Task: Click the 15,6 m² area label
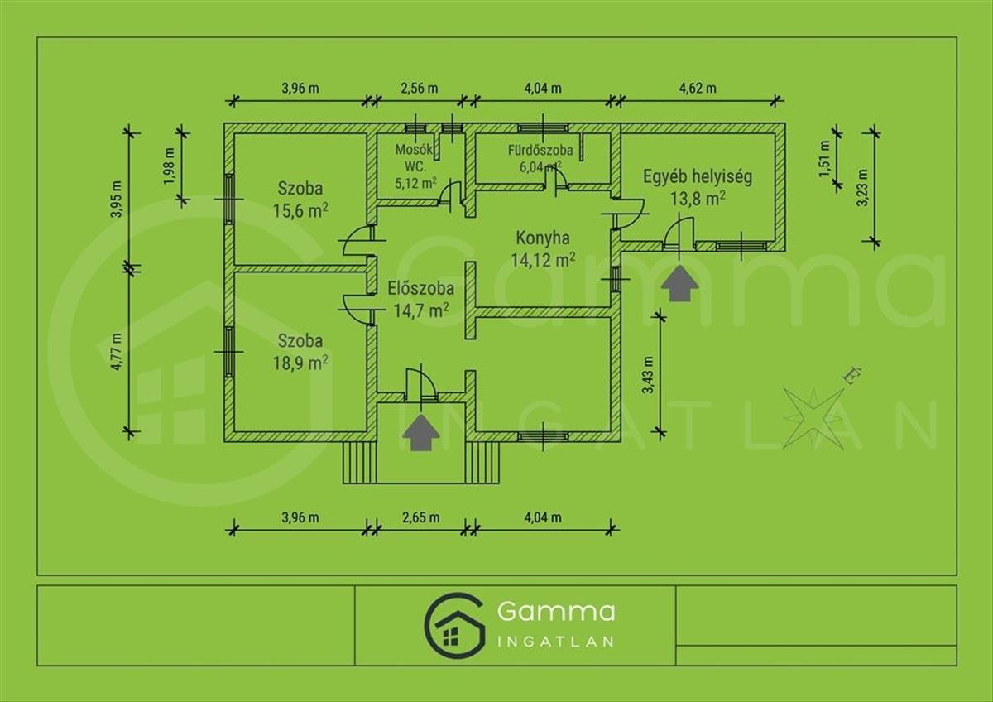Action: [x=300, y=210]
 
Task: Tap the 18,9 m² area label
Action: [x=300, y=363]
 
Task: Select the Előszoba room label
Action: [x=420, y=289]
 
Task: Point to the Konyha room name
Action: [x=543, y=238]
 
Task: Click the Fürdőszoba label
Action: [x=540, y=151]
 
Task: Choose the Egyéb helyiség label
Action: [x=698, y=177]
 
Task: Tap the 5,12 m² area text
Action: [x=415, y=182]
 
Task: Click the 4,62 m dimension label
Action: [x=698, y=89]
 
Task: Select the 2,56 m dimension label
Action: [x=419, y=89]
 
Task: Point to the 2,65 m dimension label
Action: [x=420, y=517]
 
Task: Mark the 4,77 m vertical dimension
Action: [x=116, y=351]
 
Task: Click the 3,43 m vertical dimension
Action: [x=649, y=375]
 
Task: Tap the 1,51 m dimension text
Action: [x=824, y=158]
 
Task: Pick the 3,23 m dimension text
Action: [x=862, y=188]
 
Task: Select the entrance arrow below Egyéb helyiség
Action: [x=680, y=283]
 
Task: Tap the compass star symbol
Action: [x=813, y=418]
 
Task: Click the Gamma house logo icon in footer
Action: [x=453, y=626]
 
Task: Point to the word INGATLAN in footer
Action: [x=555, y=642]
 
